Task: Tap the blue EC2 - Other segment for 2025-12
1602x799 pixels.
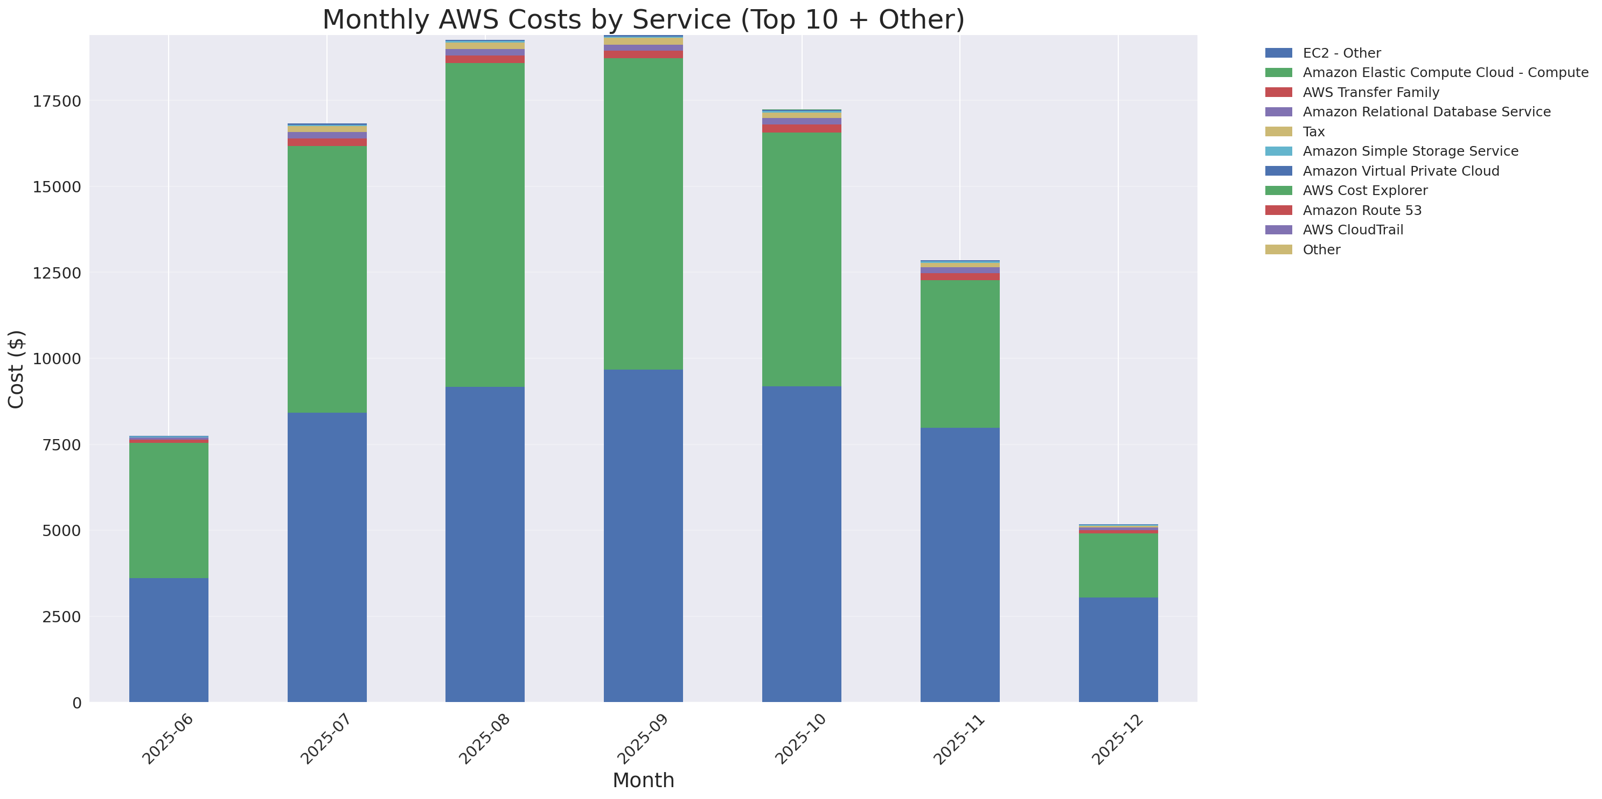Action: point(1118,649)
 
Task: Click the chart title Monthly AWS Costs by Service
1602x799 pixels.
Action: point(643,19)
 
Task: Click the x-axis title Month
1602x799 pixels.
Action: point(643,780)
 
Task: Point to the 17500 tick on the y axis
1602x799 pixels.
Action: point(57,101)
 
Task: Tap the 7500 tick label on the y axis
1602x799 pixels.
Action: point(57,444)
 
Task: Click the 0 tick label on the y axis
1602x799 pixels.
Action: point(76,703)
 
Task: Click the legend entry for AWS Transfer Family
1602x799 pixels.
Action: point(1371,92)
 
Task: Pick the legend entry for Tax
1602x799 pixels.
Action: point(1313,132)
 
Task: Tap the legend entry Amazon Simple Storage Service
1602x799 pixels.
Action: point(1410,151)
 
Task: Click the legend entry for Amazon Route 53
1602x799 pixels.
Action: point(1362,210)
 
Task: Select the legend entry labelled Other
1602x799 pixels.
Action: point(1321,249)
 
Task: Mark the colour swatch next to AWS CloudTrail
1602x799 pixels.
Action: point(1278,230)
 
